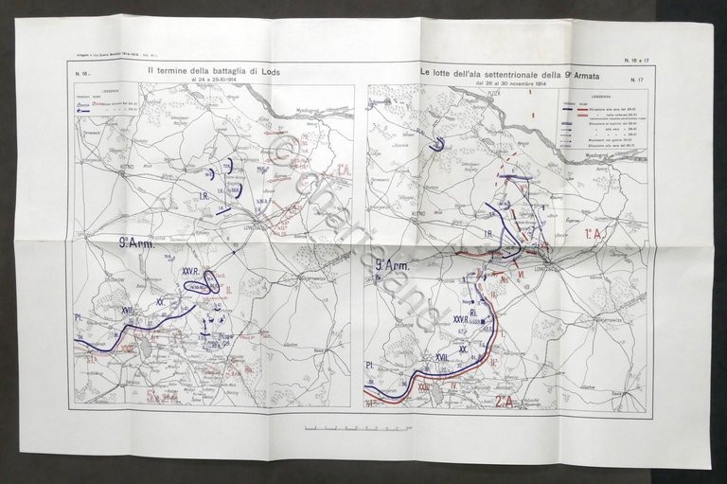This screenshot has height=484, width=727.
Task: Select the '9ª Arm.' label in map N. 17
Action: (390, 266)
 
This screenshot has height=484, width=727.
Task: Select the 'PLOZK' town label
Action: (492, 95)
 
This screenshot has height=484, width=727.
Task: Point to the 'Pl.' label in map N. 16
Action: (78, 316)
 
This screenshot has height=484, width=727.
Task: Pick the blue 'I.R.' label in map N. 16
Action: (204, 197)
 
